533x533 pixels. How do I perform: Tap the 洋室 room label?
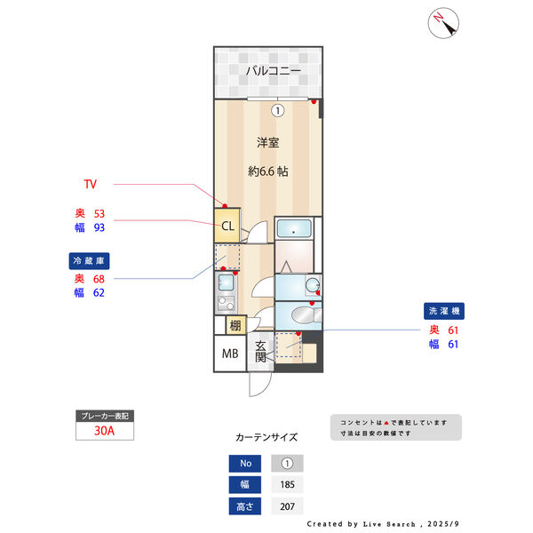pos(267,142)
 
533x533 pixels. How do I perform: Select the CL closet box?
pos(227,226)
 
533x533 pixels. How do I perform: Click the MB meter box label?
pos(230,354)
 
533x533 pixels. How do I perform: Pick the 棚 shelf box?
pos(235,325)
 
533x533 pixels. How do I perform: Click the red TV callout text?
pos(90,185)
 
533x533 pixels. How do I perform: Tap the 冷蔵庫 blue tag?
pos(89,261)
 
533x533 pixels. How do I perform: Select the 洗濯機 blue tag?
pos(444,312)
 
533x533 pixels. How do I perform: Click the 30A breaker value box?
pos(106,433)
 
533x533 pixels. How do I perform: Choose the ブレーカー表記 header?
pos(106,416)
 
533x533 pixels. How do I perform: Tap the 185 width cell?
pos(287,485)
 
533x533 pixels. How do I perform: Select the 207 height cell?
pos(287,507)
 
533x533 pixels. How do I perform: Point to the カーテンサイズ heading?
pos(266,438)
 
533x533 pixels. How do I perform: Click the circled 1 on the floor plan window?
pos(277,111)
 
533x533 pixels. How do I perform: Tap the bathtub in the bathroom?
pos(295,229)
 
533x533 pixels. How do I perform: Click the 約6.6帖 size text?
pos(267,171)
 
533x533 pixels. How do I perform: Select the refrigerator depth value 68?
pos(99,278)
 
